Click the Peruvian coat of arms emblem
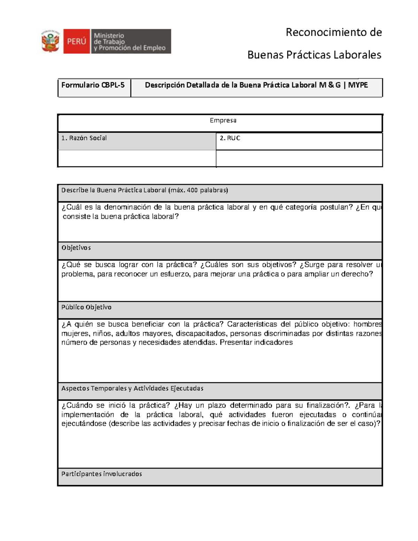pos(51,41)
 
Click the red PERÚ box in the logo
pos(76,41)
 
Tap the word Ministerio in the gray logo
pos(109,36)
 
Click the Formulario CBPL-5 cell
pos(93,85)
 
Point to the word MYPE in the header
pos(358,85)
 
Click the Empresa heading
pos(223,121)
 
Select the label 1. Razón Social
pos(84,138)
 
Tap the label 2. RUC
pos(230,138)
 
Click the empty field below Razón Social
pos(137,159)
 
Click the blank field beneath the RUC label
pos(299,159)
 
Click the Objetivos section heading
pos(76,248)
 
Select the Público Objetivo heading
pos(86,307)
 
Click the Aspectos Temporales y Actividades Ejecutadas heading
pos(132,388)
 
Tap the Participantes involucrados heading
pos(102,474)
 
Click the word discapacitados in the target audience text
pos(201,333)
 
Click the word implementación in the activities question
pos(88,415)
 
